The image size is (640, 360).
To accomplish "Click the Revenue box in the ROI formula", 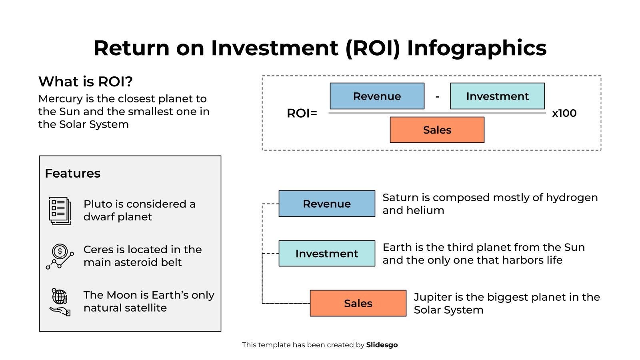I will pos(377,96).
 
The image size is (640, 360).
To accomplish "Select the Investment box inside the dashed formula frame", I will pos(497,96).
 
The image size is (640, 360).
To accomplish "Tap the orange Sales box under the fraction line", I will pos(437,130).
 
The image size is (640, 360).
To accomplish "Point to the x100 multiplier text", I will pos(564,113).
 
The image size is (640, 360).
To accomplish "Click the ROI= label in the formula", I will pos(302,114).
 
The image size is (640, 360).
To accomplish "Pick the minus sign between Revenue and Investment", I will pos(437,96).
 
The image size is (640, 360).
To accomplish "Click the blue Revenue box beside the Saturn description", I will pos(326,204).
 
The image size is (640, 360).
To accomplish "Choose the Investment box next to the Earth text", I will pos(326,254).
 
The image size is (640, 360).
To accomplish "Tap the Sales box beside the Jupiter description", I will pos(358,303).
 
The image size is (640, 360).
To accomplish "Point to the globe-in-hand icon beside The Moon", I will pos(60,302).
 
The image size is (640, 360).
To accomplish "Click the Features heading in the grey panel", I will pos(72,173).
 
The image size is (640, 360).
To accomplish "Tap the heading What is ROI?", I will pos(85,82).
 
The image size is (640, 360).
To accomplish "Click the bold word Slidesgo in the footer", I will pos(382,345).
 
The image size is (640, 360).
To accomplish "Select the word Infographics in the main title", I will pos(476,48).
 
